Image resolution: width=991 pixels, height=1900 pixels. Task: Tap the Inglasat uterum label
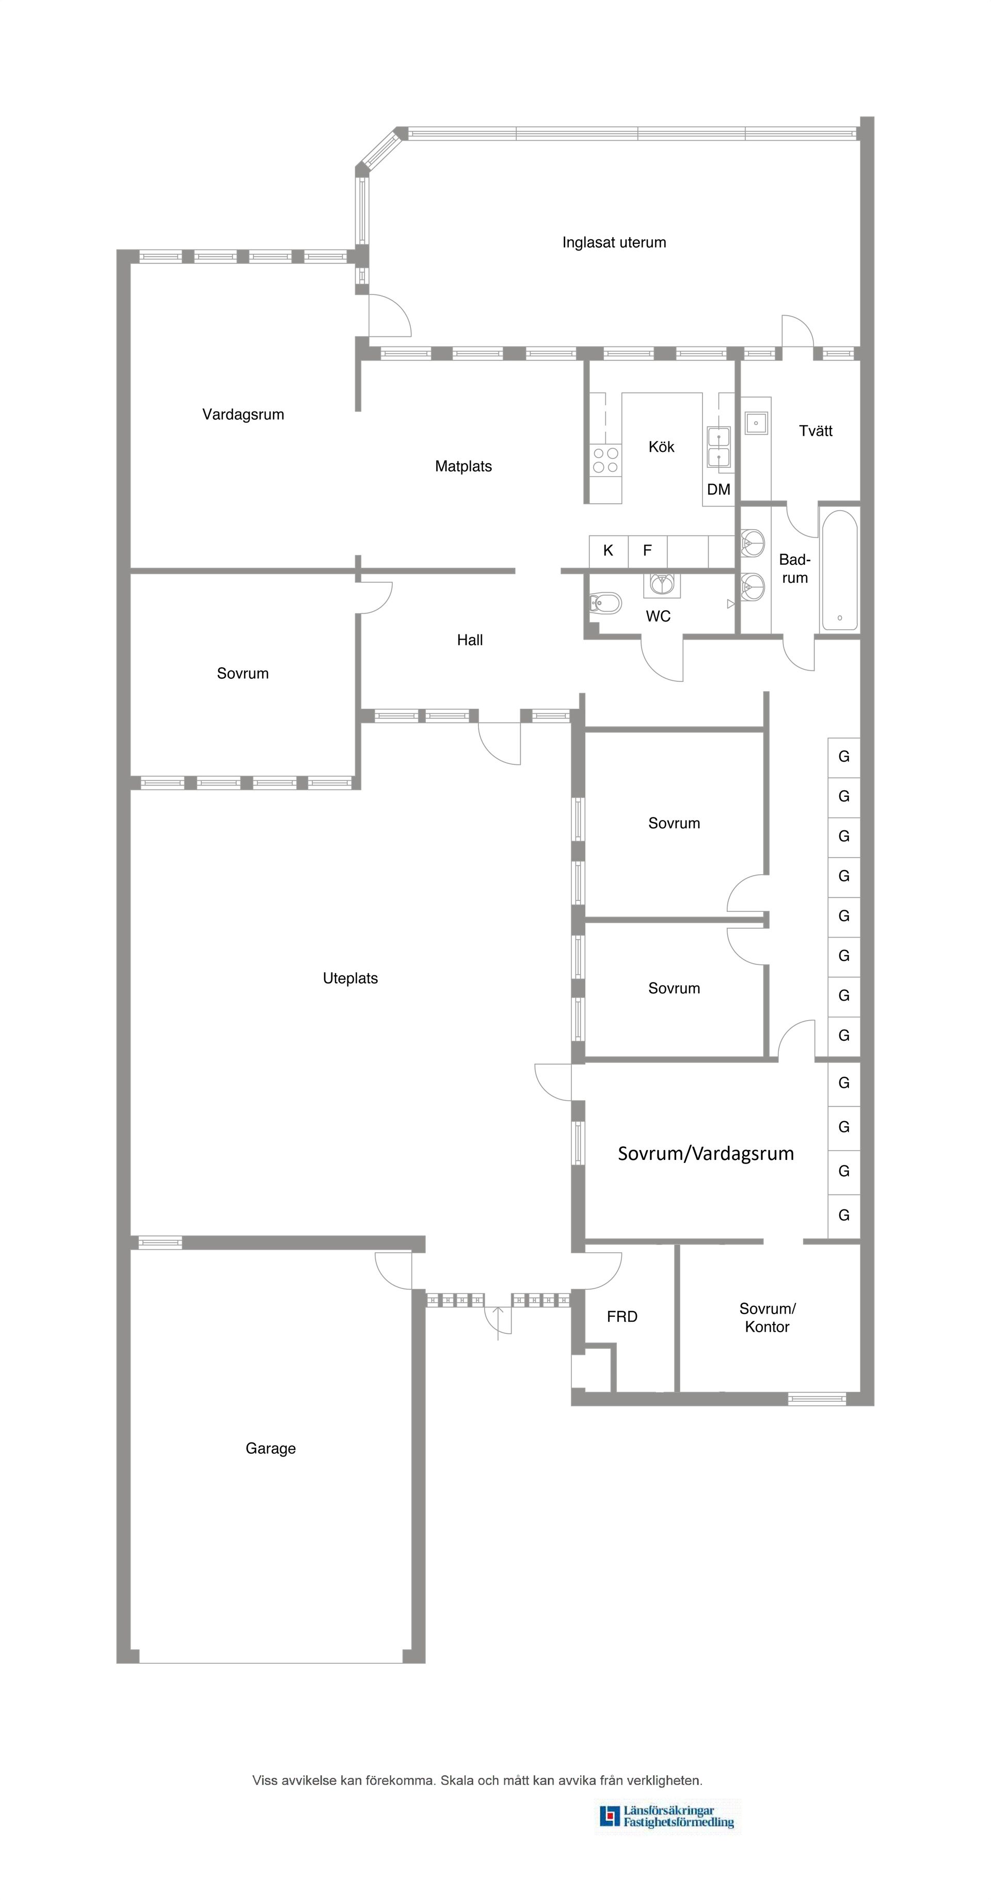coord(614,243)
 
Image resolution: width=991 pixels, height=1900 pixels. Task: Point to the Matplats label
coord(463,466)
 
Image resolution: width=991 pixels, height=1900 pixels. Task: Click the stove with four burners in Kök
coord(606,460)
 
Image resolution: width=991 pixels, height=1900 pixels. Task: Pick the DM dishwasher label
coord(718,489)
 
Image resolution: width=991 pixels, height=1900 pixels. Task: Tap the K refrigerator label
coord(608,550)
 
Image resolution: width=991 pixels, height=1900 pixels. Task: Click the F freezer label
coord(647,550)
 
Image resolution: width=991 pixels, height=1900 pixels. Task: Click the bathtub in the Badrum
coord(839,570)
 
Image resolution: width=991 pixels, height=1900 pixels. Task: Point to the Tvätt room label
coord(816,431)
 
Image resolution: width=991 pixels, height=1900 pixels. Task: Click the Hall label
coord(470,640)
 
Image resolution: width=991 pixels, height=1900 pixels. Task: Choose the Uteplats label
coord(350,978)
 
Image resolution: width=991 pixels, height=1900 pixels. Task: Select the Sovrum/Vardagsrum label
coord(706,1154)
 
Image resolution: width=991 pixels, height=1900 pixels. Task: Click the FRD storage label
coord(622,1317)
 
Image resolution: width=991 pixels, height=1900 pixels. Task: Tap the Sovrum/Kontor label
coord(768,1317)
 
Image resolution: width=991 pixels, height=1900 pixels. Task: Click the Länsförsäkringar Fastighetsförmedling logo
coord(668,1816)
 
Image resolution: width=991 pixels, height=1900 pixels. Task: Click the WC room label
coord(658,616)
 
